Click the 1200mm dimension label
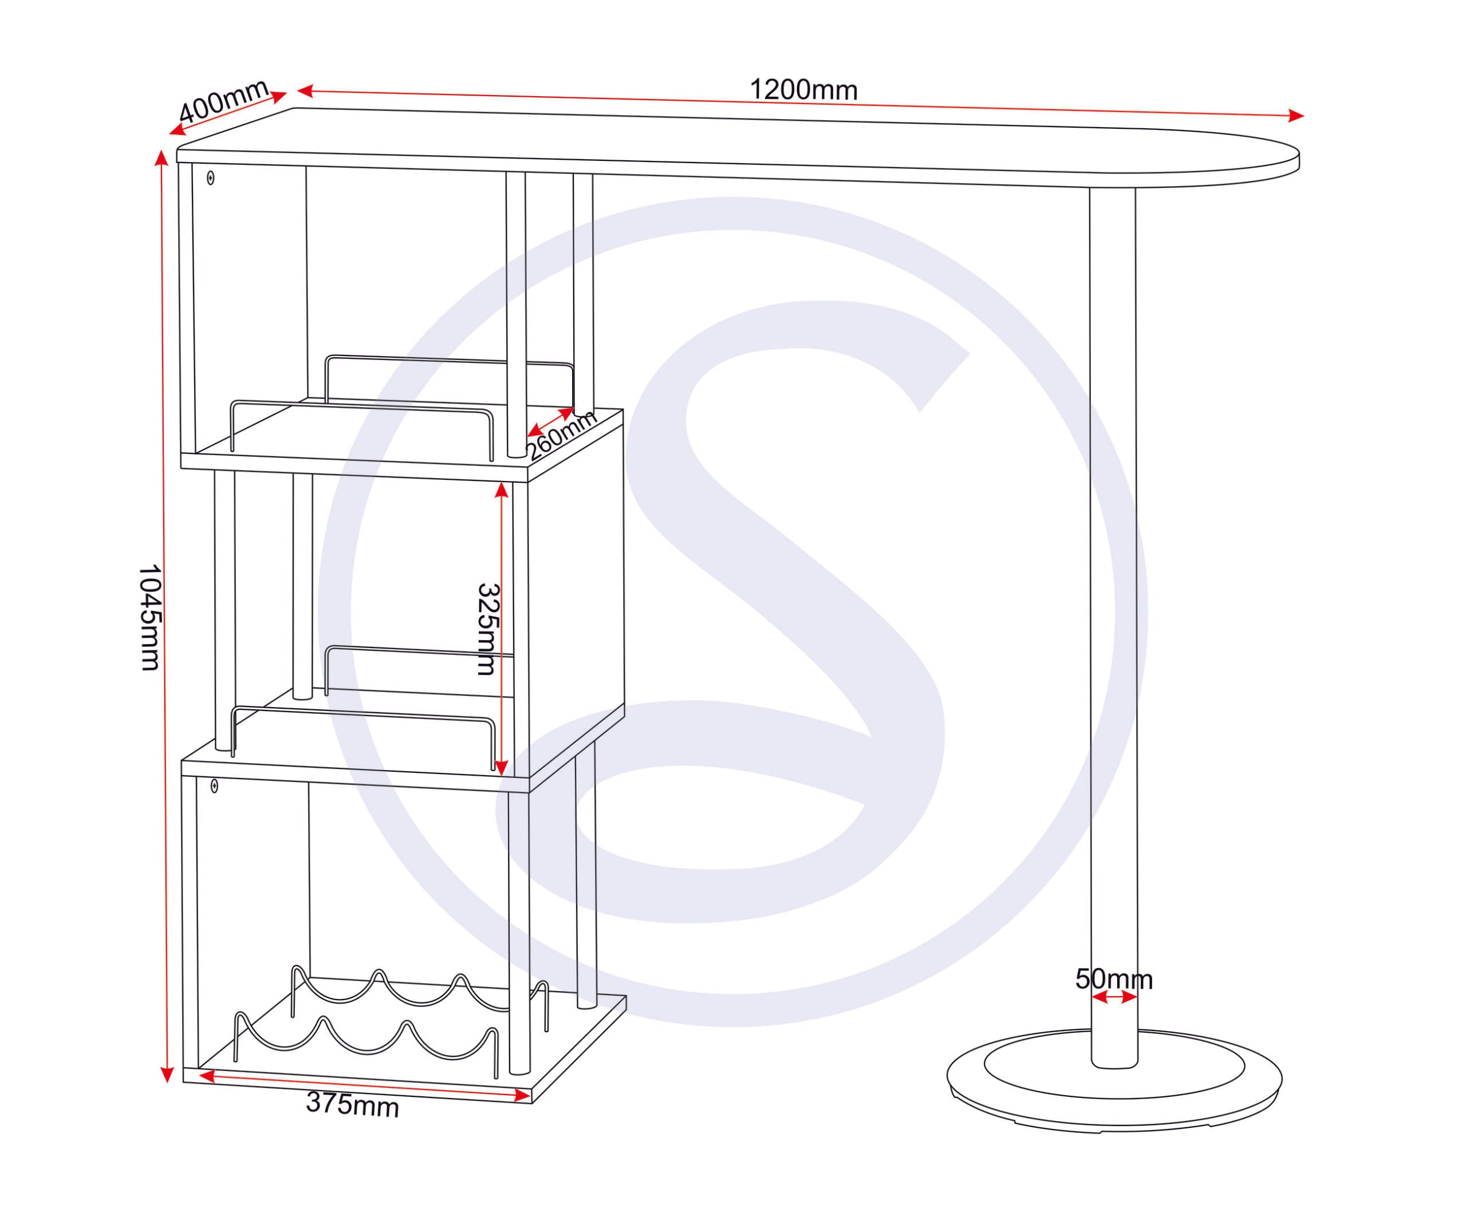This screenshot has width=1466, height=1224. point(803,90)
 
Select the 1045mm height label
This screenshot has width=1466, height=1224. point(150,618)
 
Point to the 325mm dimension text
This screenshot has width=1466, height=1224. point(487,629)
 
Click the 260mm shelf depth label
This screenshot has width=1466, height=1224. point(561,436)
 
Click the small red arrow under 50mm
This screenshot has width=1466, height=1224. point(1114,998)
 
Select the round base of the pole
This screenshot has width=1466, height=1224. point(1114,1079)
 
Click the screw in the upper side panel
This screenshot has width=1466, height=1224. point(211,178)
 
